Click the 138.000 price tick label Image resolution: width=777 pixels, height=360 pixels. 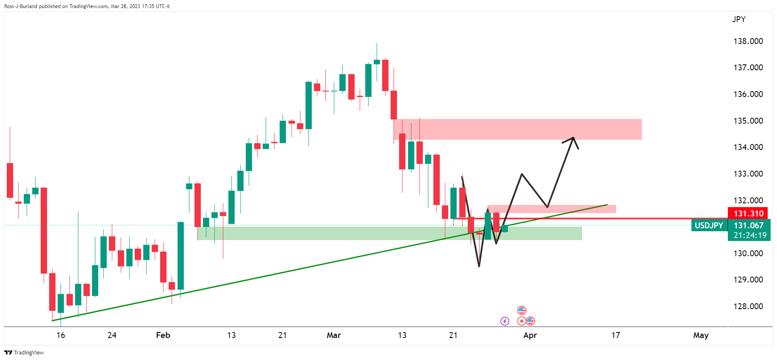(748, 41)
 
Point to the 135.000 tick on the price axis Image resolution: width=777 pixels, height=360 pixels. (748, 121)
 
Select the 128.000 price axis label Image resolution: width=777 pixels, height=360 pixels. (748, 306)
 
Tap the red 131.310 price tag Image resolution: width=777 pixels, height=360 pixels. (748, 213)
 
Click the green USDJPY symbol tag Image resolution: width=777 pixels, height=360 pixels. (708, 225)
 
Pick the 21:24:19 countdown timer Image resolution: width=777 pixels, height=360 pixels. (750, 235)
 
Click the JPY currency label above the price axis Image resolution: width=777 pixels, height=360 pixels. (738, 19)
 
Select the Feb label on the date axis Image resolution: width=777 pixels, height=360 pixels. (163, 335)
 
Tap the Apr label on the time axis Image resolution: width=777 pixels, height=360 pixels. (530, 335)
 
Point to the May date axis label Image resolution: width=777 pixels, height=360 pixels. (701, 335)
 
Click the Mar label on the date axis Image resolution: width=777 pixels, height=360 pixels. (334, 335)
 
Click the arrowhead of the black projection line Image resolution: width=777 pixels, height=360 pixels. (573, 138)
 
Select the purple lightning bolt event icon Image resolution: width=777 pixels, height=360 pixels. (505, 321)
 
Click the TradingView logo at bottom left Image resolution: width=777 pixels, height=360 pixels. (24, 352)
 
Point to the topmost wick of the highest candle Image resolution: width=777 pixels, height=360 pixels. (377, 44)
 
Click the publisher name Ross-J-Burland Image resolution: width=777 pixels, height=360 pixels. (21, 6)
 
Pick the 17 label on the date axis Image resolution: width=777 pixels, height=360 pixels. (616, 335)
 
